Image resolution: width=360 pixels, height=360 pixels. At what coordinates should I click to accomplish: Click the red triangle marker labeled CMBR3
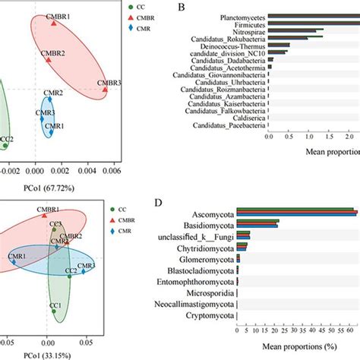coord(105,90)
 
